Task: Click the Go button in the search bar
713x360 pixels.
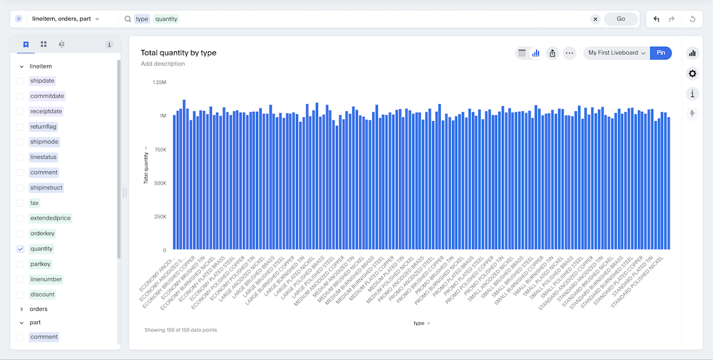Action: coord(620,19)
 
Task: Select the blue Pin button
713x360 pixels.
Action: coord(661,53)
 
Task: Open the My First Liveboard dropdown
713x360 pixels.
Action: coord(617,53)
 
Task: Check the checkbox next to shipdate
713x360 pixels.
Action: coord(21,81)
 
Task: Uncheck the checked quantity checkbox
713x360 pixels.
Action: coord(21,249)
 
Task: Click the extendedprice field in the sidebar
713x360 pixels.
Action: coord(51,218)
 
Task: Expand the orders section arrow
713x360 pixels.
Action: coord(21,309)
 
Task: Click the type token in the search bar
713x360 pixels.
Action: coord(142,19)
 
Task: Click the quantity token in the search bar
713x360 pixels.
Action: coord(166,19)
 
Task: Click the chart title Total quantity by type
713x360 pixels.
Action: coord(178,53)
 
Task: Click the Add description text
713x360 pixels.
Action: coord(163,64)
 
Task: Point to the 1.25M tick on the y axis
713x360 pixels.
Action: coord(159,83)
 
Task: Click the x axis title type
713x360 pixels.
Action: coord(419,323)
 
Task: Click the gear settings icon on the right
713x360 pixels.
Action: coord(692,73)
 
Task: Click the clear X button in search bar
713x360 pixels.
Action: coord(595,19)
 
